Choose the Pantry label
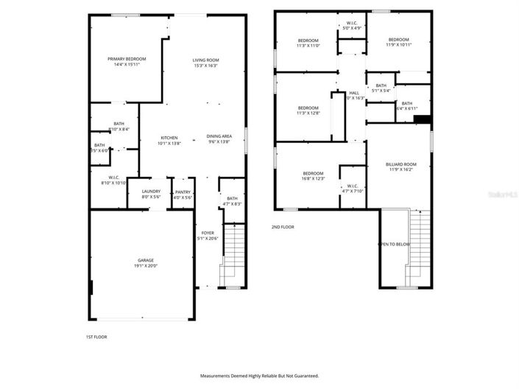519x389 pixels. [183, 194]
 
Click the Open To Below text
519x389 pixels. [394, 244]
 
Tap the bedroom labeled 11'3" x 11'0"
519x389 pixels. [308, 43]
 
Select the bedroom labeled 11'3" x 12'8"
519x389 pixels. [308, 111]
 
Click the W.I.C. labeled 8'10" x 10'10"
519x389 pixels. [114, 180]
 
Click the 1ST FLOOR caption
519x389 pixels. [97, 337]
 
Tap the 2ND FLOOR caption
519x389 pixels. [283, 227]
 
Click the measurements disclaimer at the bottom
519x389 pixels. [259, 375]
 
